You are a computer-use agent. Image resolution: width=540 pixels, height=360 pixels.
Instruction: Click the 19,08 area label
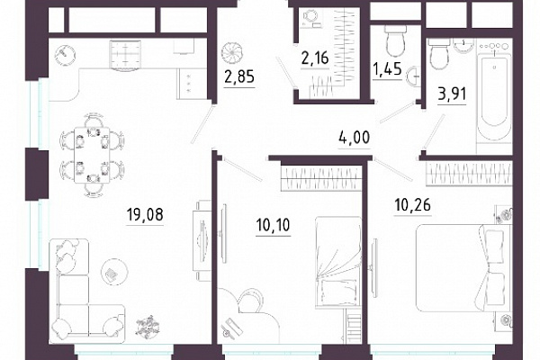pyautogui.click(x=145, y=215)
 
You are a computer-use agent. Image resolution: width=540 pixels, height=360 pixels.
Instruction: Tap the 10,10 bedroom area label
pyautogui.click(x=273, y=225)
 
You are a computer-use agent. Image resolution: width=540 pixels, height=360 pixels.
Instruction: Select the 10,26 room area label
pyautogui.click(x=412, y=205)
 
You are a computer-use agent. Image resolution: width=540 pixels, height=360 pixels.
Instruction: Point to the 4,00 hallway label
pyautogui.click(x=355, y=137)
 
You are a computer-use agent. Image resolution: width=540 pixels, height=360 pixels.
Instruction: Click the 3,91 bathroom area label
pyautogui.click(x=452, y=94)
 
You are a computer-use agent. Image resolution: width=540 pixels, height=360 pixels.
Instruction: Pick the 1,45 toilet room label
pyautogui.click(x=387, y=69)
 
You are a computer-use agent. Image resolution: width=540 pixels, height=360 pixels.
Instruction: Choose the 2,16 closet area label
pyautogui.click(x=315, y=58)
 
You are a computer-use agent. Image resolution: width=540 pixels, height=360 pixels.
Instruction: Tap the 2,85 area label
pyautogui.click(x=239, y=76)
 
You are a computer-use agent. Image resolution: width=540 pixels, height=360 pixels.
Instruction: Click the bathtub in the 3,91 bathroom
pyautogui.click(x=494, y=99)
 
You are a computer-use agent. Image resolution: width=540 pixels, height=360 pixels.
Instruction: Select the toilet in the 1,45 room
pyautogui.click(x=395, y=40)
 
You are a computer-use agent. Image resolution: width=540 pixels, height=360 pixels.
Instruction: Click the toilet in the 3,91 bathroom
pyautogui.click(x=438, y=53)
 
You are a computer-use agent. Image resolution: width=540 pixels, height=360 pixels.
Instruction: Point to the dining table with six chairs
pyautogui.click(x=92, y=155)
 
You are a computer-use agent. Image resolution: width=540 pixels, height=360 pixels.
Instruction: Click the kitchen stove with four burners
pyautogui.click(x=125, y=54)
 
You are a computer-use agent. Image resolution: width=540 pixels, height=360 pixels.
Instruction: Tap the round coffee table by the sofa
pyautogui.click(x=114, y=272)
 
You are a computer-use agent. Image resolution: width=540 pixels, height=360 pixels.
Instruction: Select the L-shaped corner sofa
pyautogui.click(x=83, y=292)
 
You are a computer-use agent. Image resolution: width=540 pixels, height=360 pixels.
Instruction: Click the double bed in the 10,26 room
pyautogui.click(x=464, y=268)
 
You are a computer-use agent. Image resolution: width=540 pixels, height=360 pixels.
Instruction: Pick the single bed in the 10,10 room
pyautogui.click(x=338, y=263)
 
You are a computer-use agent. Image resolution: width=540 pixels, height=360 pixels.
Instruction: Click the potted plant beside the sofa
pyautogui.click(x=148, y=326)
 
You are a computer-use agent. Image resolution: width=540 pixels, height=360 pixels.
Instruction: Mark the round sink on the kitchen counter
pyautogui.click(x=65, y=54)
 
